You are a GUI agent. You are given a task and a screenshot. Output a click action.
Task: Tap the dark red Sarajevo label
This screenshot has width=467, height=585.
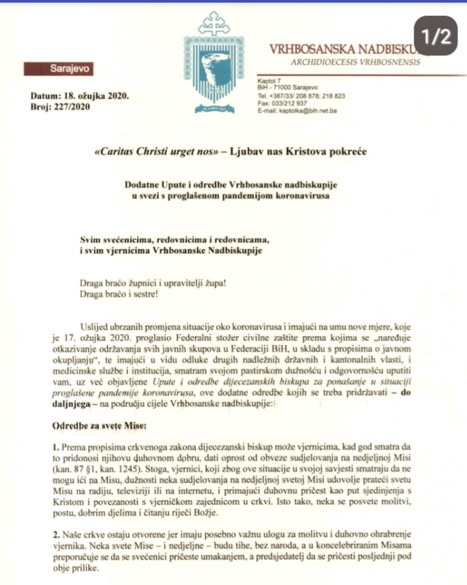click(x=59, y=69)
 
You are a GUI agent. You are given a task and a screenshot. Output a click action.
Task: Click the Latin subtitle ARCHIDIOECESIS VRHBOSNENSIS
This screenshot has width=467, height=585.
click(x=355, y=62)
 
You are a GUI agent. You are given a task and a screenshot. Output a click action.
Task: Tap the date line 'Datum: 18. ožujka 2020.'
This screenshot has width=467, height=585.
click(x=80, y=96)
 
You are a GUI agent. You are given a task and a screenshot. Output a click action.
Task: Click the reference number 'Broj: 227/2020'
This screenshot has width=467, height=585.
click(x=60, y=107)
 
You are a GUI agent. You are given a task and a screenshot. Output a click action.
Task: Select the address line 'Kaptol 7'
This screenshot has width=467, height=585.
click(x=269, y=81)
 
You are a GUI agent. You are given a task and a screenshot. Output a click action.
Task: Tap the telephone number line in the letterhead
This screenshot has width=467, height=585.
click(x=301, y=96)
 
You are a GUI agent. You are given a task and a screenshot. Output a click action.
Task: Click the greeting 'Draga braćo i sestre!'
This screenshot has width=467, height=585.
click(x=119, y=294)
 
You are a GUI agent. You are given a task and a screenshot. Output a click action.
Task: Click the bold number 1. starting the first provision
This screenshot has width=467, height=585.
click(x=56, y=447)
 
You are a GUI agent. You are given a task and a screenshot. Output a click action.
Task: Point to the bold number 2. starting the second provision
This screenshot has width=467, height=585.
click(x=56, y=535)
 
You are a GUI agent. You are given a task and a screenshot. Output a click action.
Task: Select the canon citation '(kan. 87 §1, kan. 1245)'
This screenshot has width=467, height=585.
click(x=96, y=469)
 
